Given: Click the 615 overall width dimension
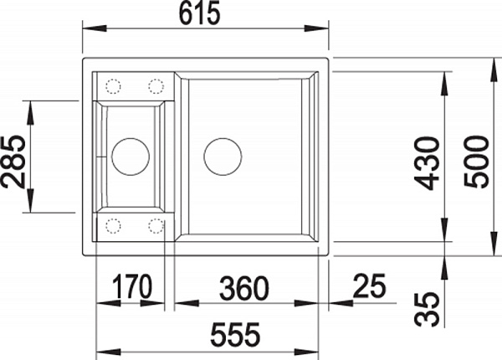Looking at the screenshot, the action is [200, 13].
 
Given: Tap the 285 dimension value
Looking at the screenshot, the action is [13, 162].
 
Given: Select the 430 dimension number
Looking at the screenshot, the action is [427, 163].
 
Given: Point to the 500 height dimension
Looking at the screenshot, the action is [476, 162].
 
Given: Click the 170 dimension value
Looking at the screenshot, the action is [132, 286].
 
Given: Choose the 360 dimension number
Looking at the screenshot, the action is [244, 288].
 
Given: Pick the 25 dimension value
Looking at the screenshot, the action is [369, 285].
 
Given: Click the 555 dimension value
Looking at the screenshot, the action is [235, 335].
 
